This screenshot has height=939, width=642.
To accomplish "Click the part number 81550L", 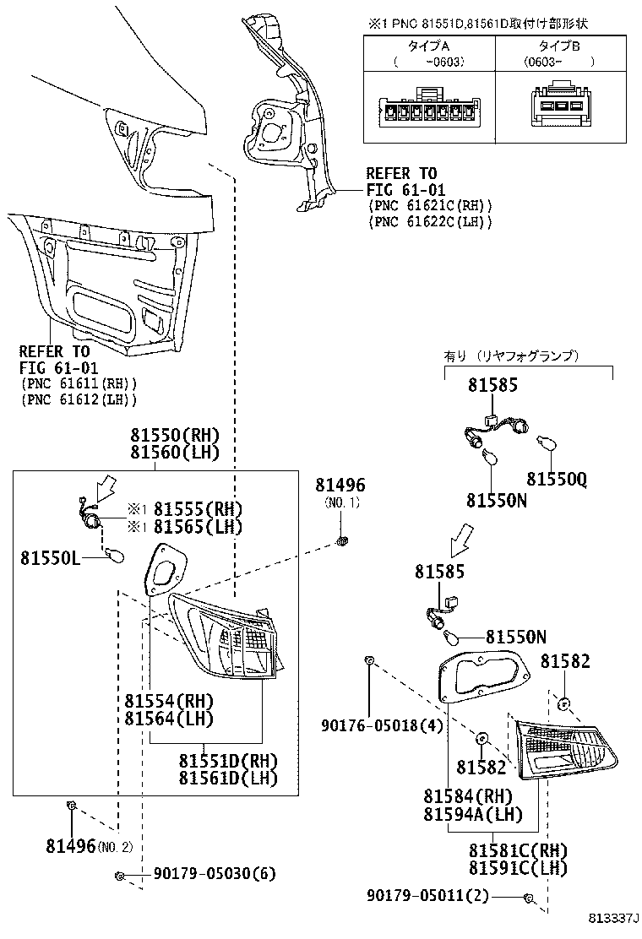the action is click(51, 557).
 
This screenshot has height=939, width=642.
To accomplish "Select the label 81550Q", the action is click(557, 479).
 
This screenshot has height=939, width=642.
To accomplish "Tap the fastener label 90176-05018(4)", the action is click(382, 726).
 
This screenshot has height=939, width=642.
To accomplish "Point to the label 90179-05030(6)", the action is click(215, 874).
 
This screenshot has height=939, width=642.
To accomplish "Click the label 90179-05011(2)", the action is click(427, 896).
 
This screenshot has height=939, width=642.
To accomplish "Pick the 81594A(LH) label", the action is click(473, 814).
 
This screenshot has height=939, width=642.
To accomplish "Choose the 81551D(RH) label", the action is click(228, 761).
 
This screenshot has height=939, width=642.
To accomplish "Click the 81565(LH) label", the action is click(199, 526).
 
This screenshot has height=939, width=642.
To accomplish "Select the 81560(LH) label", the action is click(176, 452).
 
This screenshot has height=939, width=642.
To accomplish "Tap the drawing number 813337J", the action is click(613, 917).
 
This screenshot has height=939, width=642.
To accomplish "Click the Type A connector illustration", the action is click(429, 108).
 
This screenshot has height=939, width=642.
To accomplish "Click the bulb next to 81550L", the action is click(114, 557).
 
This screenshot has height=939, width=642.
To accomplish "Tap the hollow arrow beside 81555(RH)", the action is click(106, 487).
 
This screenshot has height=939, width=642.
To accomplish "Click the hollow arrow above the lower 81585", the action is click(462, 539).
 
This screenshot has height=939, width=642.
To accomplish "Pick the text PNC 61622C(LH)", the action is click(431, 221).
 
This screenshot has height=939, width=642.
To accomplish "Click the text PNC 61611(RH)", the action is click(79, 383).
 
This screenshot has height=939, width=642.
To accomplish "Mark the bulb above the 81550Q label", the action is click(547, 444).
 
